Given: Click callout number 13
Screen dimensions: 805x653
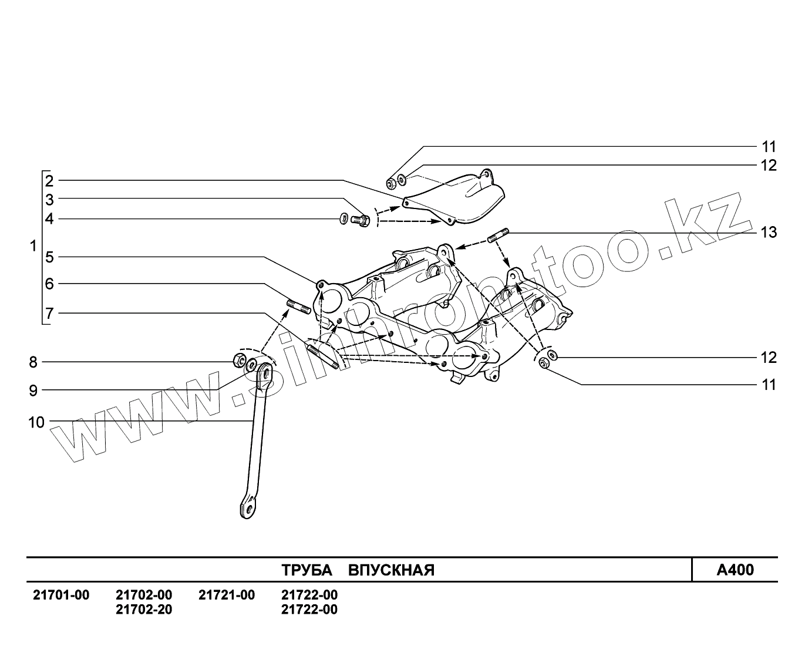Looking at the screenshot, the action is pos(768,233).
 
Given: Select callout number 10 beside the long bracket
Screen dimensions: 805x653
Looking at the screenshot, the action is pos(36,422).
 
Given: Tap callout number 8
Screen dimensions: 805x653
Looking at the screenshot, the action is pos(33,362).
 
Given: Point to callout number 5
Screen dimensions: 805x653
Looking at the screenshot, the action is pos(49,257).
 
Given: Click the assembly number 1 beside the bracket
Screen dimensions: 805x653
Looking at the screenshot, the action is pos(33,246).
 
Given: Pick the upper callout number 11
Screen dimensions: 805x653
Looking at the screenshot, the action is pos(769,146).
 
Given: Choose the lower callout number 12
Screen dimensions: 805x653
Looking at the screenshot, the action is pos(769,358).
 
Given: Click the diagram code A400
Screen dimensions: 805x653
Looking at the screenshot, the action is pos(735,570).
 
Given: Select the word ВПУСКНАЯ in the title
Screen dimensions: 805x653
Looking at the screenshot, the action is pos(391,570).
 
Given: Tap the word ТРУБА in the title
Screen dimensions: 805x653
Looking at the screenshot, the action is pos(306,570).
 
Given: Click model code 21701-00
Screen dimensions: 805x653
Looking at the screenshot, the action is pos(60,595).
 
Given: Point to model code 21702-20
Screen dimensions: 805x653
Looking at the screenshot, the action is pos(144,610).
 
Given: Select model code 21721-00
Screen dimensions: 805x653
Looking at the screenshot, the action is pos(227,595).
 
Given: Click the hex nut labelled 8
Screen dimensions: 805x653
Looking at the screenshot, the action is pos(238,360).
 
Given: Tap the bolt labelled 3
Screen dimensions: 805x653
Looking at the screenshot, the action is pos(361,221).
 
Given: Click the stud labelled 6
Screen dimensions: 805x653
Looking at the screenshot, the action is pos(298,307).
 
